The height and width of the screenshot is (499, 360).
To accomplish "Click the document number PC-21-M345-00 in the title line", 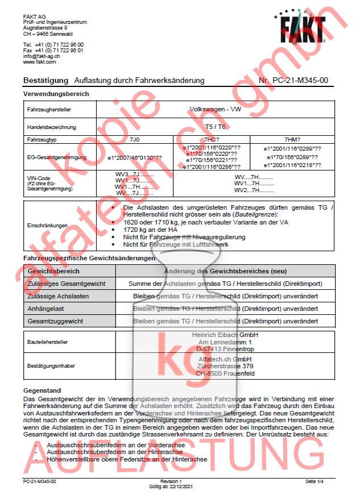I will tap(300, 81).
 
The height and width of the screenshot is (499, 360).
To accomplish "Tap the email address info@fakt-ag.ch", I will tap(42, 56).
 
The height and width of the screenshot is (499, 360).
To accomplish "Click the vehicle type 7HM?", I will tap(292, 139).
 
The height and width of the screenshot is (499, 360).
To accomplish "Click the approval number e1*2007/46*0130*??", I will tap(135, 156).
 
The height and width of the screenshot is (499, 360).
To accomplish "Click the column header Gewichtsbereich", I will tap(53, 271).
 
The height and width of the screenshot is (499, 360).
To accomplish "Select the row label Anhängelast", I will tap(46, 309).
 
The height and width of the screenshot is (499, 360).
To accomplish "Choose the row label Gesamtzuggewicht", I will tap(55, 321).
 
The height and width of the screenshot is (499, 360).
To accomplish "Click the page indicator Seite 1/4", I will tap(315, 481).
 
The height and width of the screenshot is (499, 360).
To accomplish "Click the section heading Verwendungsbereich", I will tap(56, 94).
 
